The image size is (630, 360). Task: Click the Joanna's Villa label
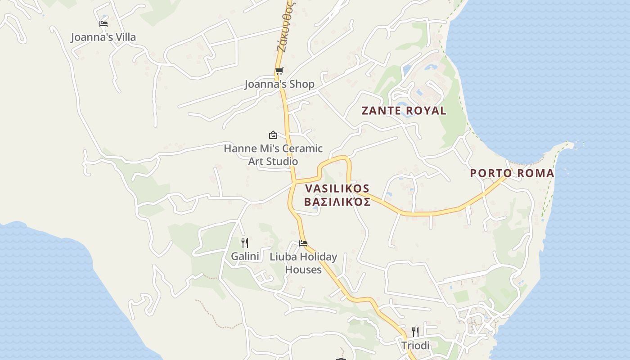pos(103,37)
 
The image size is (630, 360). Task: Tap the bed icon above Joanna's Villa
pos(103,23)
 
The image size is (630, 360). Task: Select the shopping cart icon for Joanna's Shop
pos(279,71)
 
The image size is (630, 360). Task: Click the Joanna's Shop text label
pos(279,84)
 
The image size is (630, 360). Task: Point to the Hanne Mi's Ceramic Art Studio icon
pos(273,135)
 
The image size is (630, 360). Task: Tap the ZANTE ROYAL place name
pos(404,111)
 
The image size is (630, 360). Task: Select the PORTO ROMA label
pos(512,173)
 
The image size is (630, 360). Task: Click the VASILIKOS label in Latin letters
pos(337,189)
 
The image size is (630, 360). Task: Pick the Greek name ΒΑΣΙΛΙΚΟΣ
pos(337,202)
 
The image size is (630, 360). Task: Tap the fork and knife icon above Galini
pos(245,243)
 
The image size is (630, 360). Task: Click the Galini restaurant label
pos(245,256)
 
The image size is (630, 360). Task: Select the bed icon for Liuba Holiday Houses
pos(303,243)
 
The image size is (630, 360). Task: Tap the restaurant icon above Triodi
pos(415,332)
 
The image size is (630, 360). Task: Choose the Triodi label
pos(415,346)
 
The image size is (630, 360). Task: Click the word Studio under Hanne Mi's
pos(273,162)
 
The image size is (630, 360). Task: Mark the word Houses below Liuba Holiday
pos(303,270)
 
